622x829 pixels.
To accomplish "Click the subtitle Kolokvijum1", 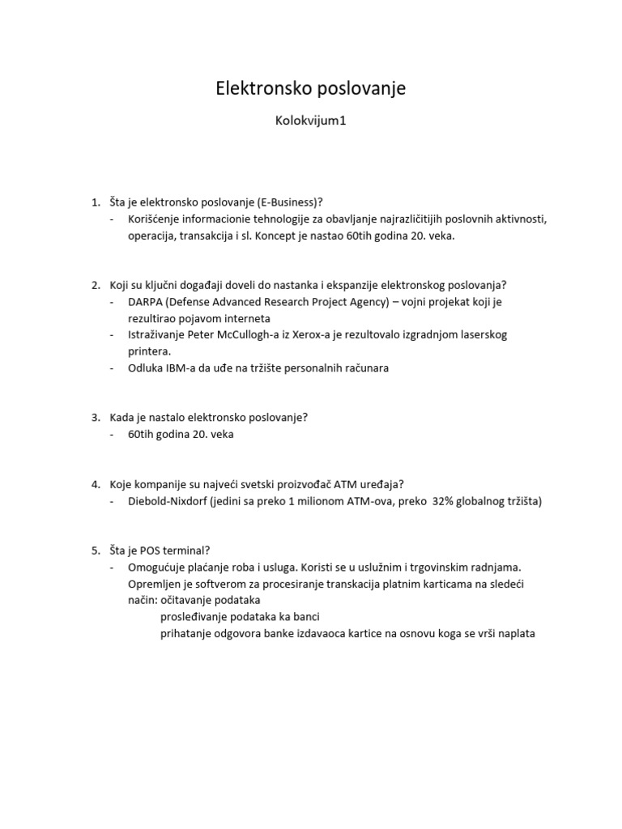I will pos(310,123).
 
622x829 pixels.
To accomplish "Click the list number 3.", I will pos(95,418).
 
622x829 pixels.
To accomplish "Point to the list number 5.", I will pos(95,551).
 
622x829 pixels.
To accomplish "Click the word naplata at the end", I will pos(513,634).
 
